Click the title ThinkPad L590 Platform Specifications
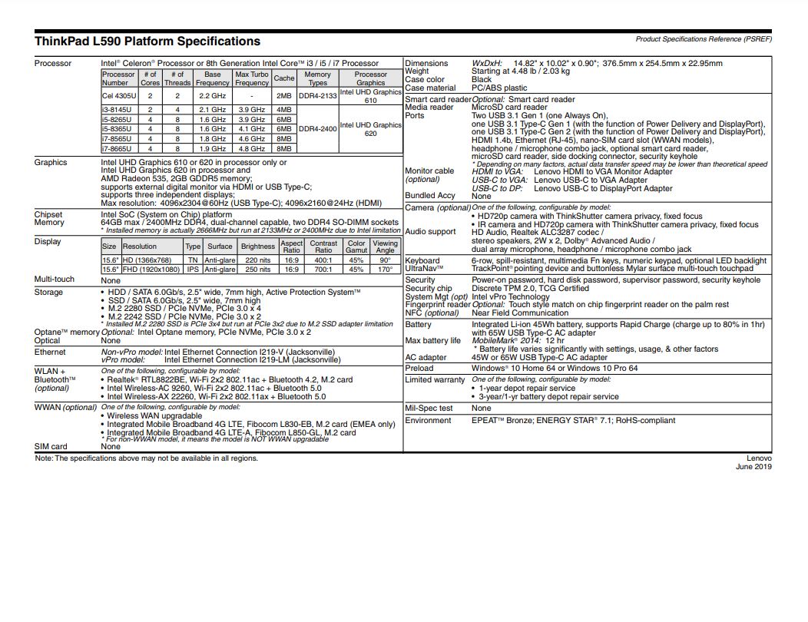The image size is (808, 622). [147, 41]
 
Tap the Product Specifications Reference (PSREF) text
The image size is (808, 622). [704, 38]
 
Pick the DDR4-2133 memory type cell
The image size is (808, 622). [317, 96]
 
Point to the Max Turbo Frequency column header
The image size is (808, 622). [252, 78]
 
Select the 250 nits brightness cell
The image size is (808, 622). [257, 270]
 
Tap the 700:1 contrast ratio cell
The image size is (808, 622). [323, 270]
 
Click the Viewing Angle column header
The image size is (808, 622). [385, 246]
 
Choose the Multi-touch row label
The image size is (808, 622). [55, 280]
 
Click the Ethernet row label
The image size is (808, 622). [50, 352]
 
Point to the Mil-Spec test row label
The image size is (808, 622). [429, 409]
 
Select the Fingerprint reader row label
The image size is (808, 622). [438, 305]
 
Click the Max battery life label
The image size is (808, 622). [432, 341]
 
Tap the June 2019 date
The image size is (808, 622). [753, 467]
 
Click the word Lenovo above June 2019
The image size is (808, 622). [759, 458]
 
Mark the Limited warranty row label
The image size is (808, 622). [435, 380]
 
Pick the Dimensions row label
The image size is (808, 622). [426, 64]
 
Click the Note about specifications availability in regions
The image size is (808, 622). [146, 458]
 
